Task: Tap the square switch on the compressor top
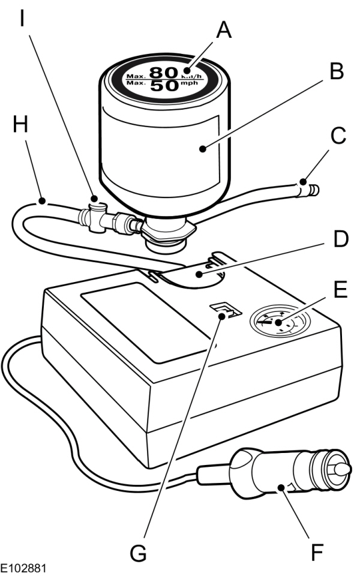pos(224,311)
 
